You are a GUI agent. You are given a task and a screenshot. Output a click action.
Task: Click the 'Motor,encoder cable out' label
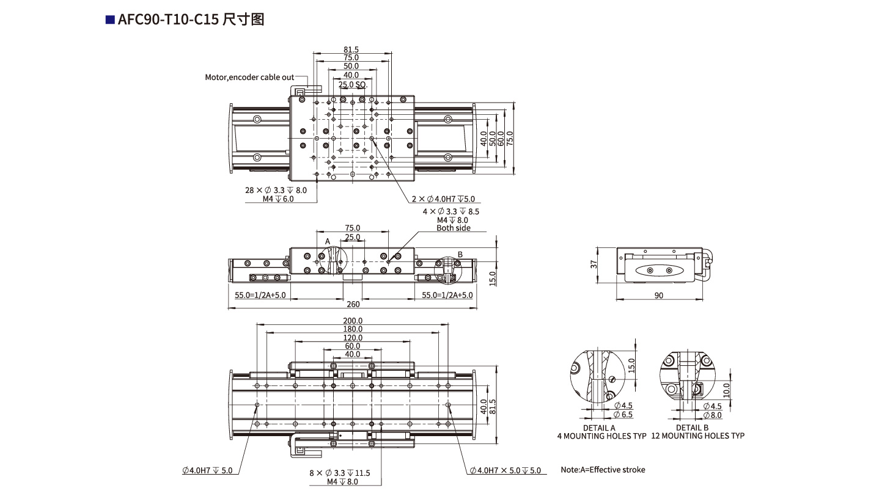coord(249,78)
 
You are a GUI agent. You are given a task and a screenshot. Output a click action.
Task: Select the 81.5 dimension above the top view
coord(351,49)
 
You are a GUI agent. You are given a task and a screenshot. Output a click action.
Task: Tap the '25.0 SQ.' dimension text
coord(352,84)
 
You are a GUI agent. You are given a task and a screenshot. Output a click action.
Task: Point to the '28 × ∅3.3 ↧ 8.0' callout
coord(276,191)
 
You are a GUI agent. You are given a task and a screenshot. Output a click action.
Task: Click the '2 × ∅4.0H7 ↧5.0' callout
coord(443,199)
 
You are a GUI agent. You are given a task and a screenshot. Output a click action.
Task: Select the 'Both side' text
coord(453,228)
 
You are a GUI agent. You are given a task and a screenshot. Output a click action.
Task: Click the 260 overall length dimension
coord(353,304)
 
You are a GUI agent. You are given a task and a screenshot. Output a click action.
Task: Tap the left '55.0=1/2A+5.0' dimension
coord(260,295)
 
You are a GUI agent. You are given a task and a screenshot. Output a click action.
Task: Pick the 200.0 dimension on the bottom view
coord(353,321)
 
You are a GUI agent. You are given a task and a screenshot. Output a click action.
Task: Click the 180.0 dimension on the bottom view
coord(353,329)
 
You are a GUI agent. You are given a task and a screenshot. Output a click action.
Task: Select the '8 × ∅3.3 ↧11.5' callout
coord(340,473)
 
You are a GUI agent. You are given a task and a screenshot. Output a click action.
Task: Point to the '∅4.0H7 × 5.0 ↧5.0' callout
coord(506,470)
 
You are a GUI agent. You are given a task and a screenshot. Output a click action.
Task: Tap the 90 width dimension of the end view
coord(659,296)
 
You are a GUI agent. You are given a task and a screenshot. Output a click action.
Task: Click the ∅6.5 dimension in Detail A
coord(624,415)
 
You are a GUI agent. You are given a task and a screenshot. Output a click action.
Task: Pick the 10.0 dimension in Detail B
coord(726,388)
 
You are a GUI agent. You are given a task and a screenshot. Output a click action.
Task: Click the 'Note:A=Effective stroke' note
coord(603,470)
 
